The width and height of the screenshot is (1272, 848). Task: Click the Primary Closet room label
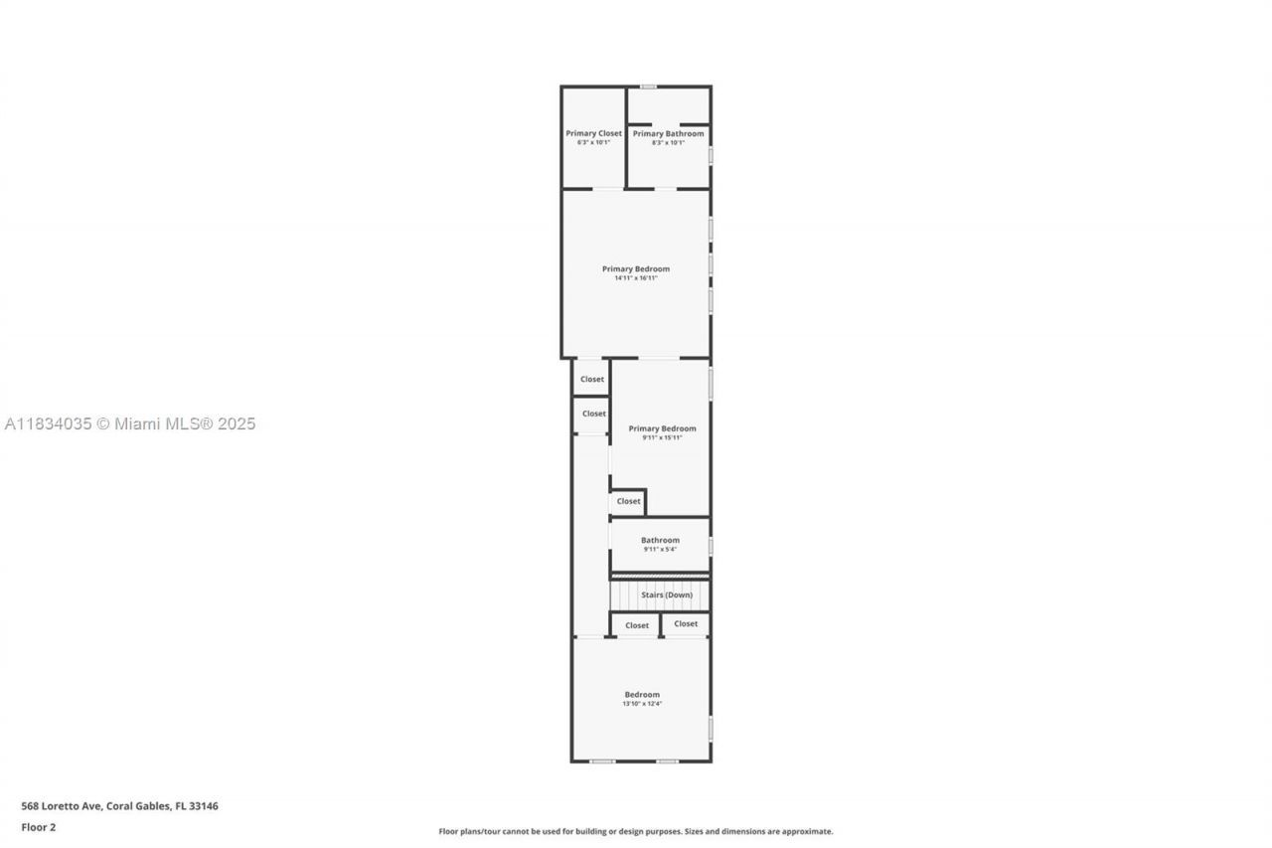tap(593, 133)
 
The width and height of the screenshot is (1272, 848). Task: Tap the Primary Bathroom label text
tap(668, 133)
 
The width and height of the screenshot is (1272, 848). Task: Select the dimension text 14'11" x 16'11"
tap(636, 278)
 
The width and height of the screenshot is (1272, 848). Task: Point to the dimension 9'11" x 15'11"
tap(662, 437)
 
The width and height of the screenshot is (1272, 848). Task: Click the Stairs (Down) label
tap(666, 594)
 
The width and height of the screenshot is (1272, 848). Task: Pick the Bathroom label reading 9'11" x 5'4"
tap(660, 544)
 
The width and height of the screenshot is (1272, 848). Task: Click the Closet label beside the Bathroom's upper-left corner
tap(628, 501)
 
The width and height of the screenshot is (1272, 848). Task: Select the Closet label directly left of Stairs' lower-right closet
tap(637, 625)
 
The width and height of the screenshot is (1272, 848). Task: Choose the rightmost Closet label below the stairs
tap(686, 623)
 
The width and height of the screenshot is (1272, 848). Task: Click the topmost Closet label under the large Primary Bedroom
tap(592, 379)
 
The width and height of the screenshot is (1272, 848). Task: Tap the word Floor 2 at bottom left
tap(39, 827)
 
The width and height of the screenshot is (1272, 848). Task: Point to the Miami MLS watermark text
tap(130, 424)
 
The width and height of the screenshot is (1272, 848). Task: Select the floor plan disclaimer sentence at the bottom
tap(636, 831)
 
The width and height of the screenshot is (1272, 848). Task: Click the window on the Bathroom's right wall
tap(711, 546)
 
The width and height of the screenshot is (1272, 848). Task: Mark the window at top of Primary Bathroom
tap(648, 86)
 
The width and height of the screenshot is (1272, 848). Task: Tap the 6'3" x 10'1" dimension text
tap(593, 142)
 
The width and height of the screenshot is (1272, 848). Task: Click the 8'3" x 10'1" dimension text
tap(668, 142)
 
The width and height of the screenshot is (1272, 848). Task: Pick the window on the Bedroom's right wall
tap(711, 728)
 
